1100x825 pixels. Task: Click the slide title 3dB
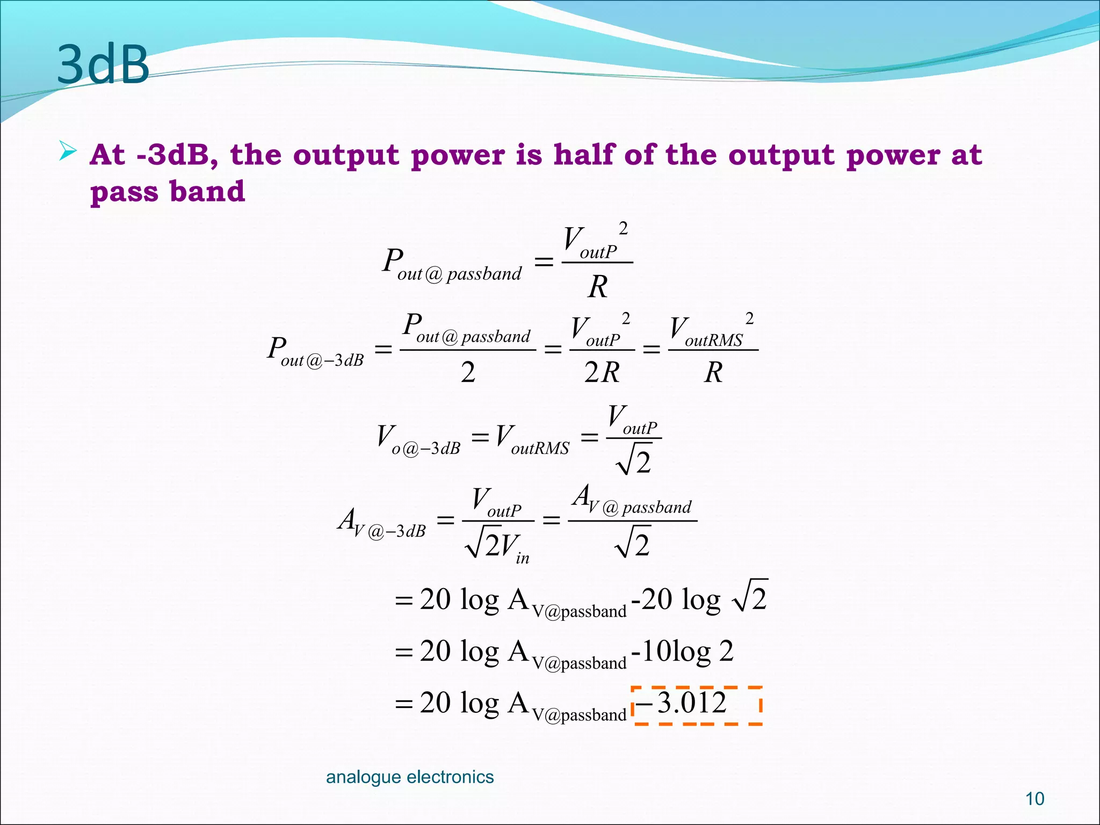pyautogui.click(x=103, y=64)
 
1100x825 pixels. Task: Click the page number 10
pyautogui.click(x=1034, y=799)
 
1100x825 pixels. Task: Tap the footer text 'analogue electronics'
pyautogui.click(x=410, y=777)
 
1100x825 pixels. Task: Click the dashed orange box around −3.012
pyautogui.click(x=697, y=705)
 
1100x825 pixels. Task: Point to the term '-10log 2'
pyautogui.click(x=683, y=651)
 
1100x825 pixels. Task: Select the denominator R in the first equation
pyautogui.click(x=598, y=286)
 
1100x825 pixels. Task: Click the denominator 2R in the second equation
pyautogui.click(x=602, y=372)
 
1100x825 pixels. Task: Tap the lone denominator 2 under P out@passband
pyautogui.click(x=468, y=372)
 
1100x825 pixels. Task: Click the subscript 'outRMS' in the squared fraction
pyautogui.click(x=714, y=341)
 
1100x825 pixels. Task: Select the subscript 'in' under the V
pyautogui.click(x=523, y=559)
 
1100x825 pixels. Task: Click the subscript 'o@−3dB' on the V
pyautogui.click(x=426, y=448)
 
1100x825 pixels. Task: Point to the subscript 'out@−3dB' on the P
pyautogui.click(x=322, y=360)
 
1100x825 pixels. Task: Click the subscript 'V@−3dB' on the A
pyautogui.click(x=389, y=532)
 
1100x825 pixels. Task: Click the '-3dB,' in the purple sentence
pyautogui.click(x=177, y=155)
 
